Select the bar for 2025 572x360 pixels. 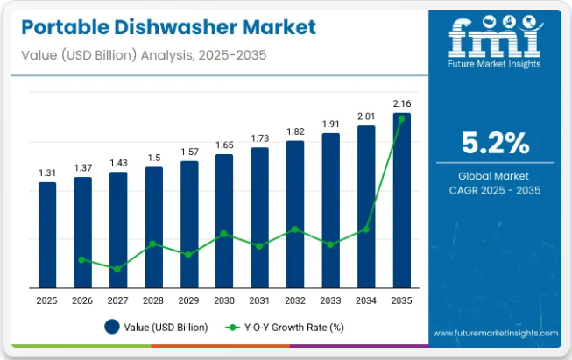pyautogui.click(x=46, y=234)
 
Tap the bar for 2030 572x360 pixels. pyautogui.click(x=224, y=220)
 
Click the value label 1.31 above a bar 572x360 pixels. pyautogui.click(x=46, y=173)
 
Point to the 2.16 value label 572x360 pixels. pyautogui.click(x=401, y=103)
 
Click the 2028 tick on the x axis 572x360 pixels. pyautogui.click(x=153, y=300)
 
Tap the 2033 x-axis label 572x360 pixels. pyautogui.click(x=330, y=300)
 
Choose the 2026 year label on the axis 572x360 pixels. pyautogui.click(x=82, y=300)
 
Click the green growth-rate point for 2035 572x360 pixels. pyautogui.click(x=401, y=117)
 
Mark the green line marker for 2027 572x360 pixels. pyautogui.click(x=117, y=269)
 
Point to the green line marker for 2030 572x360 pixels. pyautogui.click(x=224, y=234)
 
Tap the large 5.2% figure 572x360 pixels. pyautogui.click(x=495, y=142)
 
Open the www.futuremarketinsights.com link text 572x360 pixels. pyautogui.click(x=495, y=334)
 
